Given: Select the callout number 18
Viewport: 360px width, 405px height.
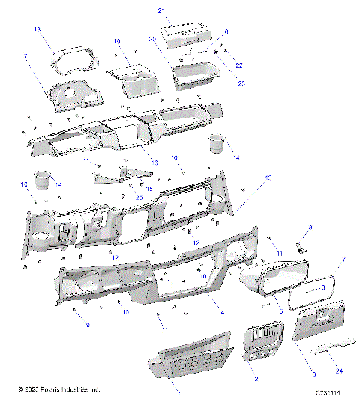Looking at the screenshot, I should click(x=37, y=29).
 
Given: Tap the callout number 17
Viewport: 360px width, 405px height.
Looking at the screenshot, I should click(x=24, y=56).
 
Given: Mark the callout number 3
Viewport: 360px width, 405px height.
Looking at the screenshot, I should click(x=313, y=373).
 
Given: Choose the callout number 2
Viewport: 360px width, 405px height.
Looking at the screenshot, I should click(x=256, y=380).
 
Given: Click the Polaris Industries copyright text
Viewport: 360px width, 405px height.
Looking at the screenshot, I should click(x=59, y=390).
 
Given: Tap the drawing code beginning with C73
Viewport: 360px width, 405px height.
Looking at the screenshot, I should click(x=328, y=391).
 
